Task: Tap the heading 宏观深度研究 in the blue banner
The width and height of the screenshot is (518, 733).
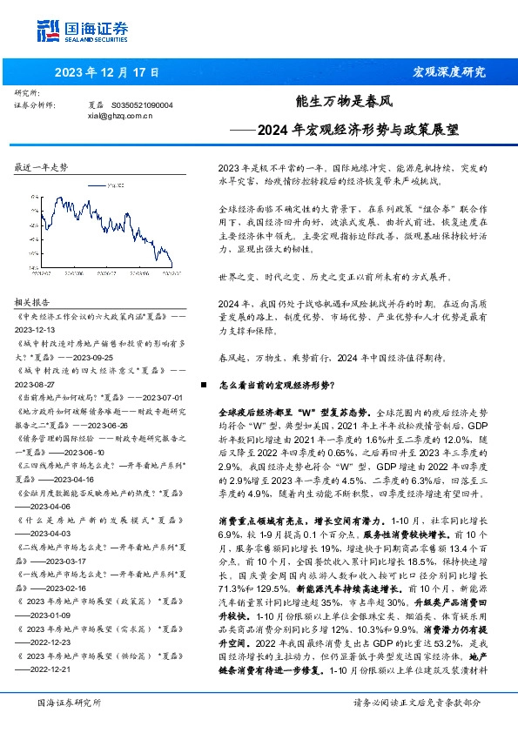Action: click(448, 71)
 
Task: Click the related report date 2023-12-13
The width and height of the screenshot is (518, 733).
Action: click(37, 331)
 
